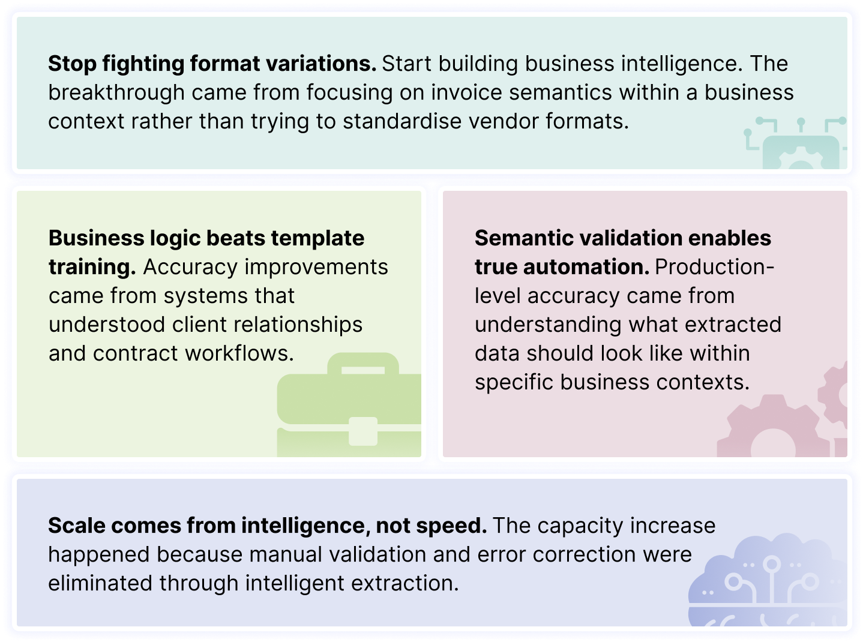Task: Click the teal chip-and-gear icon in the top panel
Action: (795, 144)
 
